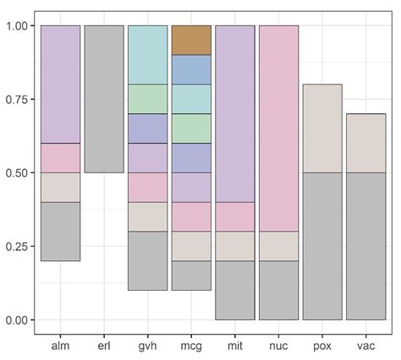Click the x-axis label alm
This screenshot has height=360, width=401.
tap(60, 345)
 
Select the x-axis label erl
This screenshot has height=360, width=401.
tap(104, 345)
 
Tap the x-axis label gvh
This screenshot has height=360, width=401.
tap(148, 345)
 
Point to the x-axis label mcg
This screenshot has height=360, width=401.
tap(191, 345)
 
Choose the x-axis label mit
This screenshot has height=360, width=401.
tap(235, 345)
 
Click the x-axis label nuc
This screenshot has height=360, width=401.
tap(278, 345)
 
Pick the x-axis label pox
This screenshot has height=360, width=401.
tap(322, 345)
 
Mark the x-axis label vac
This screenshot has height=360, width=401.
tap(365, 345)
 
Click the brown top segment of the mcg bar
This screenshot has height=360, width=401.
tap(191, 41)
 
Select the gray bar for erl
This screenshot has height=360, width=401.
tap(104, 99)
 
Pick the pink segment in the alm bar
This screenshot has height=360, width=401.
tap(60, 158)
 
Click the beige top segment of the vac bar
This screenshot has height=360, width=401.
tap(365, 143)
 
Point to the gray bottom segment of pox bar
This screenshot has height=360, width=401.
tap(322, 246)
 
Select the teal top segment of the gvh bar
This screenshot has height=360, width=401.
tap(148, 55)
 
